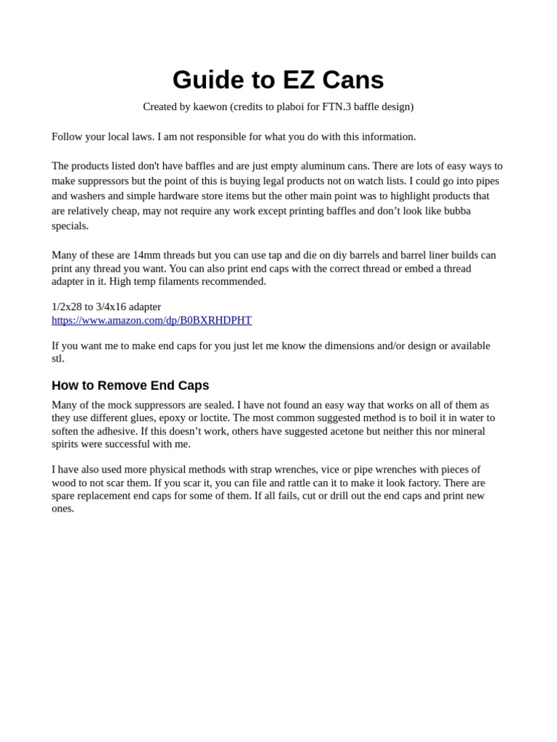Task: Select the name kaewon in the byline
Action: (x=210, y=107)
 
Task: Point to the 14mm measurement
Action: (x=147, y=255)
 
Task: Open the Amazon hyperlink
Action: (x=152, y=320)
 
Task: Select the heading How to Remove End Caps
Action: (x=131, y=385)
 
